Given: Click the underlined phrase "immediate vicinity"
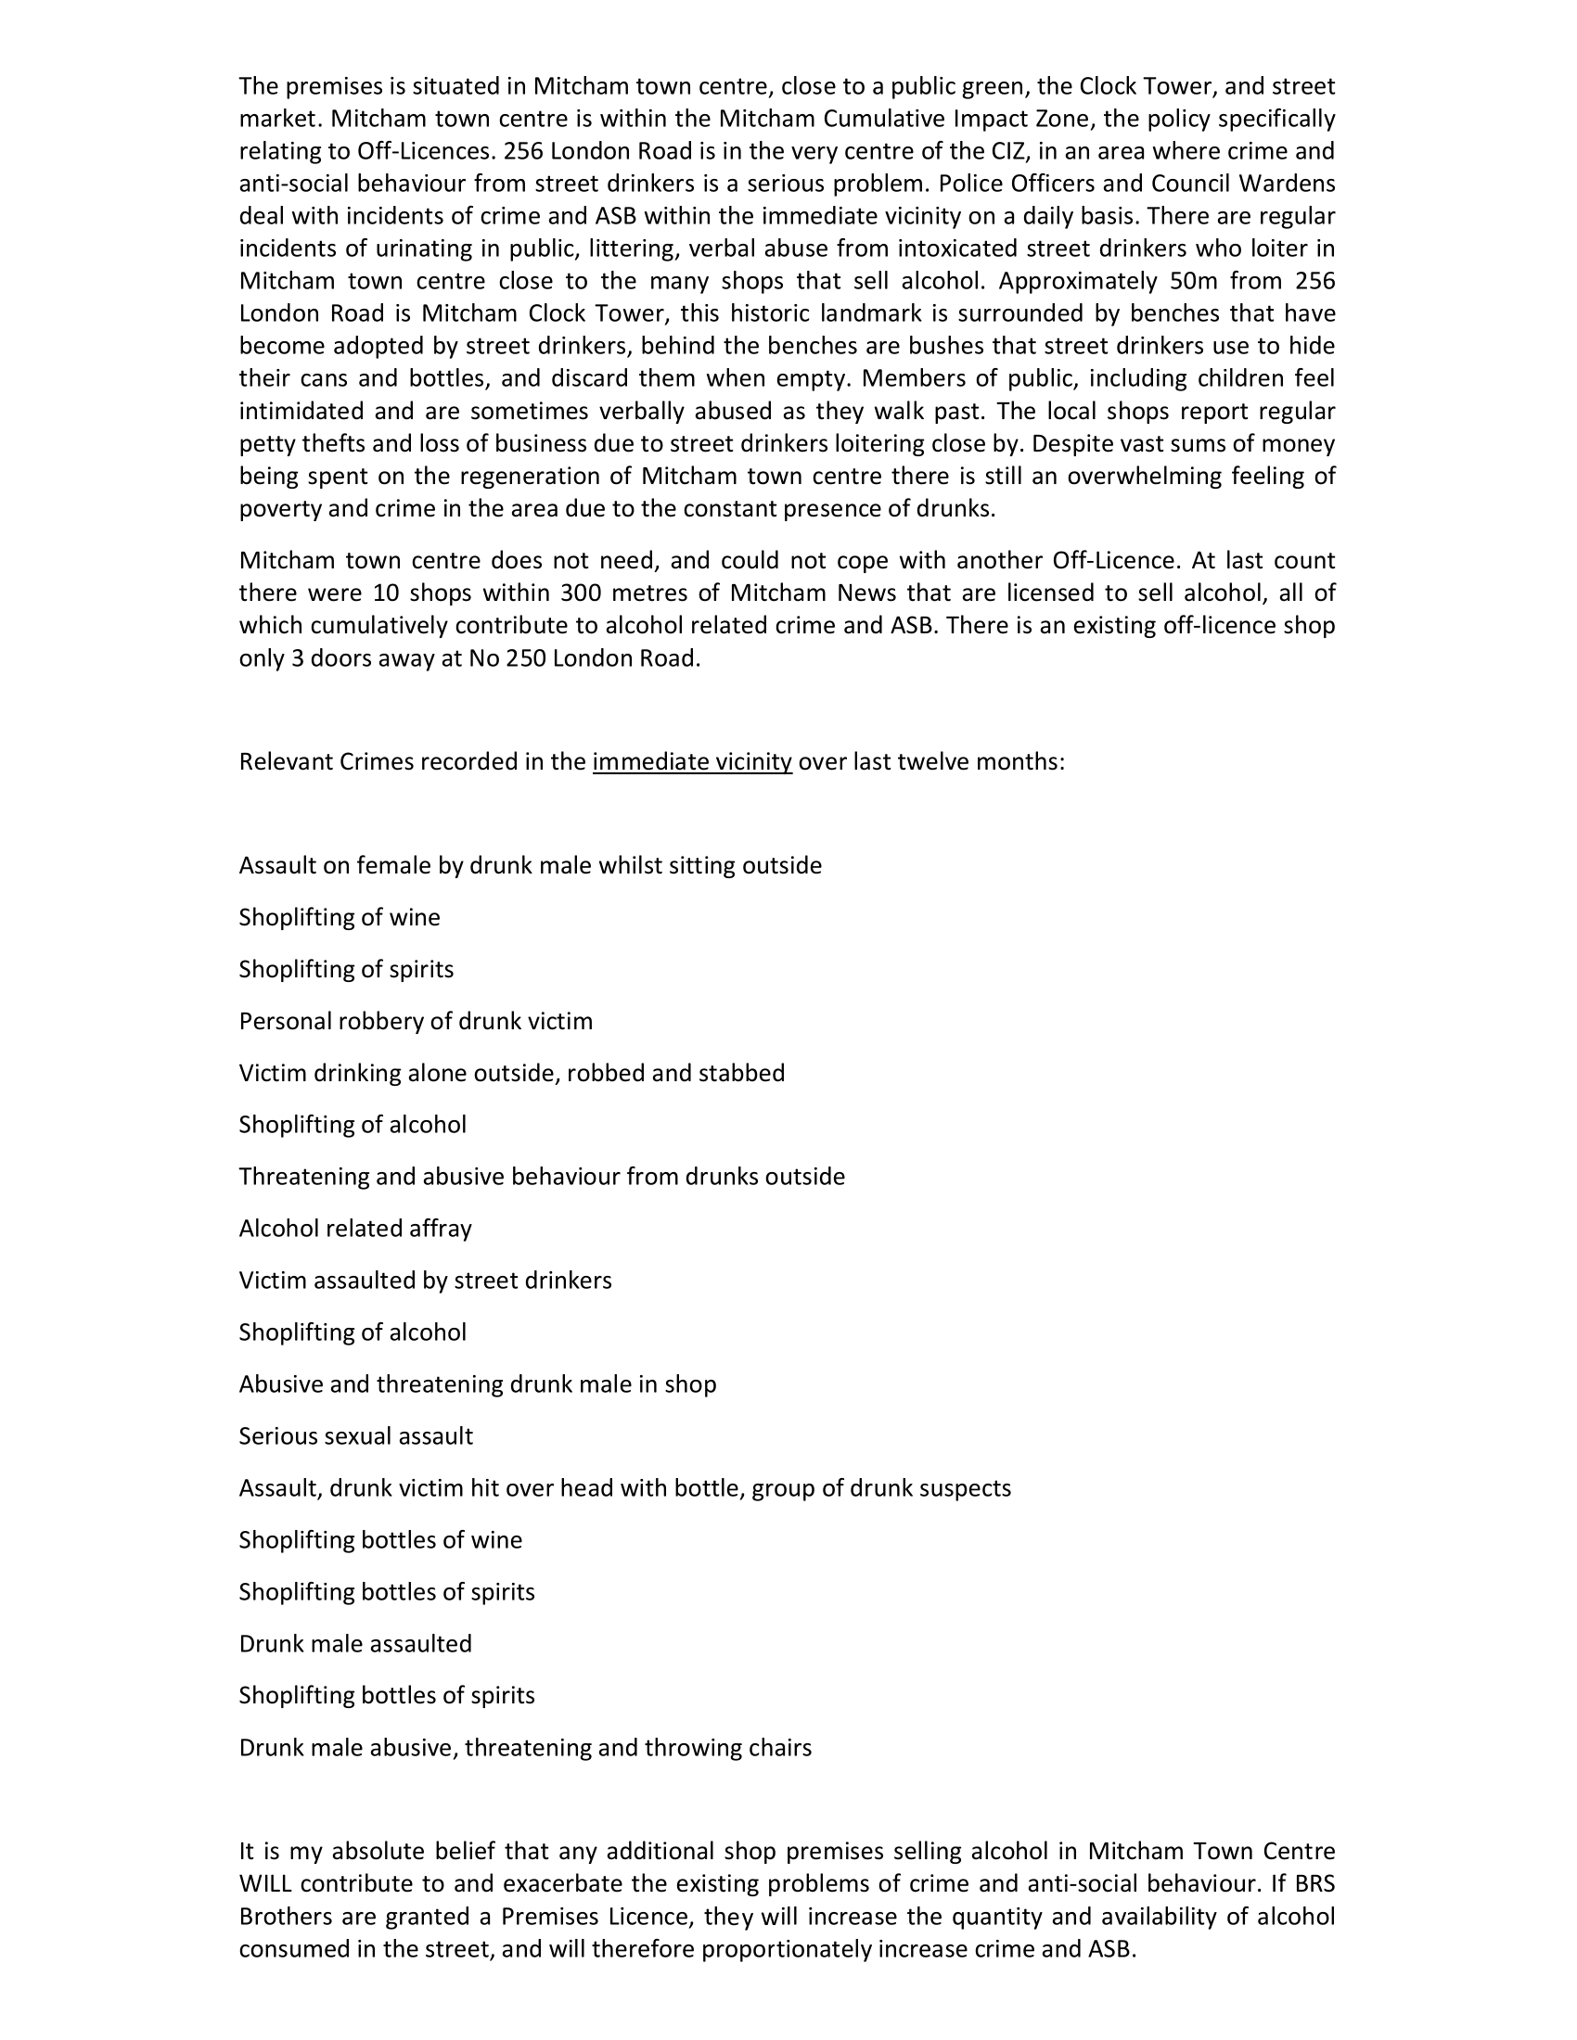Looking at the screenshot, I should click(x=691, y=762).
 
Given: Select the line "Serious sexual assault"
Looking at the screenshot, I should click(x=356, y=1435).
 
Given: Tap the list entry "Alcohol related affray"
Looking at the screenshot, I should click(x=355, y=1229).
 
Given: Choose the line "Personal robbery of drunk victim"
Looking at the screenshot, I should click(x=416, y=1021).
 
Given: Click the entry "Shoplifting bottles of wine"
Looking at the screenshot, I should click(x=380, y=1539).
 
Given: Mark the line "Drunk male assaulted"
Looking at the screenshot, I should click(x=355, y=1643).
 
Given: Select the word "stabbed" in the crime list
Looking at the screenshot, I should click(x=745, y=1073).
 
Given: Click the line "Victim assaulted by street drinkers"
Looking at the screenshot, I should click(x=425, y=1280).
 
